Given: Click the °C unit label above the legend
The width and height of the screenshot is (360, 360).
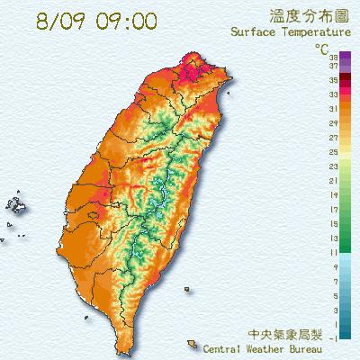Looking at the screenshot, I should tap(321, 47).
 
